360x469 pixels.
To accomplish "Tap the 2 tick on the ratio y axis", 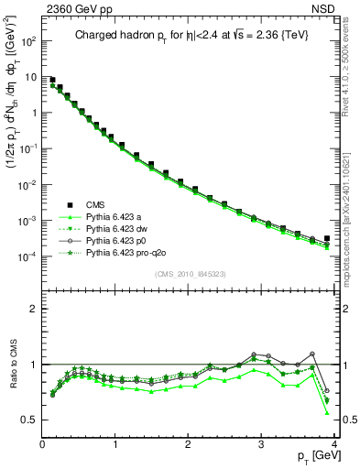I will [34, 309].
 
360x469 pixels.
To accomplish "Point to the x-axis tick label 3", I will [262, 442].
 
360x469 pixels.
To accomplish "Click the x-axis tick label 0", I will [42, 442].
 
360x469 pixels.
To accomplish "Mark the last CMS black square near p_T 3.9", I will [327, 238].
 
